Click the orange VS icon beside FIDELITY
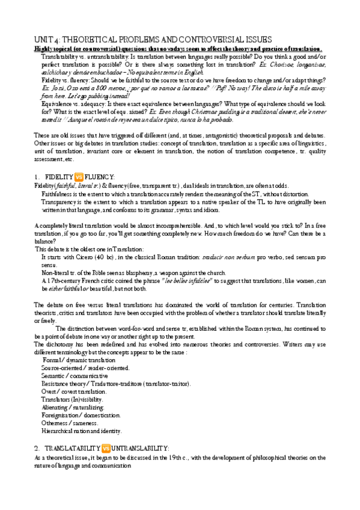pos(79,177)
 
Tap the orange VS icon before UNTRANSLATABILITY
pos(106,449)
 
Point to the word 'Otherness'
pos(56,423)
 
